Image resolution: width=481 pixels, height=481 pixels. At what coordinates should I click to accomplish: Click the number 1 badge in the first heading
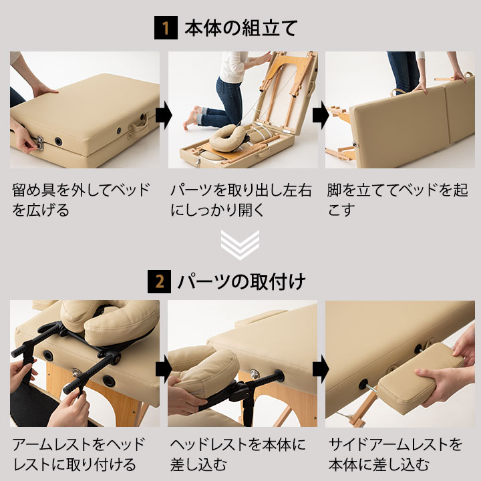166,27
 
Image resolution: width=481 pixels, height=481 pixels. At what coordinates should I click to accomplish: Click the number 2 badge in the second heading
159,281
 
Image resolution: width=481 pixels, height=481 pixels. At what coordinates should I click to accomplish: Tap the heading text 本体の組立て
241,28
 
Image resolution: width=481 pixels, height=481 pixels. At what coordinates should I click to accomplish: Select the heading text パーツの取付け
241,282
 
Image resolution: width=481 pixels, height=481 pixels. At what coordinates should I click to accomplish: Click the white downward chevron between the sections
240,245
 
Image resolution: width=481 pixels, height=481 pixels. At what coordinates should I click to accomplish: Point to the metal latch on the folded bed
40,143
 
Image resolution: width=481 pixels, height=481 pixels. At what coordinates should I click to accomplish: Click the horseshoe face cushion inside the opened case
227,138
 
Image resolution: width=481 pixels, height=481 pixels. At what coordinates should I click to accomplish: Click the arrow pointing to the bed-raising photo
321,116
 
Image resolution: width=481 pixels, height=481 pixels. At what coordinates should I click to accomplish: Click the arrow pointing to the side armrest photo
321,369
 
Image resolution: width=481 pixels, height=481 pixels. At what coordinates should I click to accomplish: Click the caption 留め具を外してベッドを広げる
82,200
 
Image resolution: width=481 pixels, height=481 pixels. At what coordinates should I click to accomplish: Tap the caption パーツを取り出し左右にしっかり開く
241,200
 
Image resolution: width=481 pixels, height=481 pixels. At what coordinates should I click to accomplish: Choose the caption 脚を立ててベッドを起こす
397,200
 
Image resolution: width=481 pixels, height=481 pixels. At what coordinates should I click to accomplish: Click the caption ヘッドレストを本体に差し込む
238,454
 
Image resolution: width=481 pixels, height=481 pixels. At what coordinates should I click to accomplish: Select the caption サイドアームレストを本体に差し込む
395,454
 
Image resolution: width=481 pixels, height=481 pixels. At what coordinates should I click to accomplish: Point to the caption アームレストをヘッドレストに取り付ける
79,454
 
